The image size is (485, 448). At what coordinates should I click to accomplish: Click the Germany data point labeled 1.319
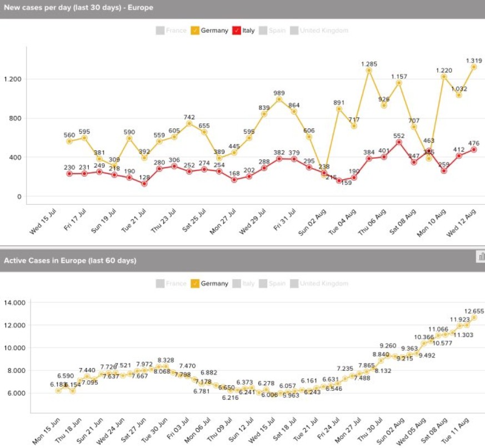coord(474,67)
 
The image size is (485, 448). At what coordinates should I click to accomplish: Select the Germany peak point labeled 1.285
coord(369,70)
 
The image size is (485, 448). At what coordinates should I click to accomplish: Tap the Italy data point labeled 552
coord(399,142)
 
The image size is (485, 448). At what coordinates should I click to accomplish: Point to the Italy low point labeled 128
coord(144,184)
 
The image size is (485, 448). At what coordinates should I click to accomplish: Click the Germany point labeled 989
coord(279,99)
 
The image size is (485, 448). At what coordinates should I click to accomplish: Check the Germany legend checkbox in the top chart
coord(196,31)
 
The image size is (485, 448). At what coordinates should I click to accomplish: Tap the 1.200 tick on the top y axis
coord(12,79)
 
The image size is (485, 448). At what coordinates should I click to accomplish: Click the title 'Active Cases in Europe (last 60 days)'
coord(70,260)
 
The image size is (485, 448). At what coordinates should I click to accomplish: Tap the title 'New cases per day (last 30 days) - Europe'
coord(78,8)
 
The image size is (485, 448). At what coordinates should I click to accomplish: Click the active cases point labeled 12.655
coord(474,318)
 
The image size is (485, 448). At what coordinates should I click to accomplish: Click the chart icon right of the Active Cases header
coord(481,256)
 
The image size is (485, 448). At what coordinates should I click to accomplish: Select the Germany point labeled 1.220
coord(444,76)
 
